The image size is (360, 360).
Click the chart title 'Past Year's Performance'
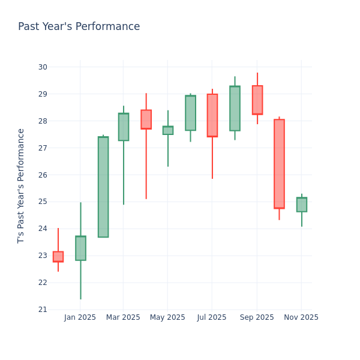(79, 27)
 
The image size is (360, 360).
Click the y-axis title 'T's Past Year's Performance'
(22, 185)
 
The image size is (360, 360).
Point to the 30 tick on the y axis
(42, 67)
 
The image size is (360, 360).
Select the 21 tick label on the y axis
(42, 310)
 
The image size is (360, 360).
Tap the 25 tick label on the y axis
(42, 202)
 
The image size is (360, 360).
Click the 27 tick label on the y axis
(42, 148)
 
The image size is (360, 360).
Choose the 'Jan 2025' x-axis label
(80, 317)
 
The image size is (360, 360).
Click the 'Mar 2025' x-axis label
(123, 317)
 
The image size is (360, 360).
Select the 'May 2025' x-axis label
(167, 317)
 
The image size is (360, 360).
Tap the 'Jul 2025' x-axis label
(212, 317)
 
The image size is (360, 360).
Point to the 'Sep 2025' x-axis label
(257, 317)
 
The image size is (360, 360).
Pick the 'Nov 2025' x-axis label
(301, 317)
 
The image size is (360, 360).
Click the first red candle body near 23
(58, 257)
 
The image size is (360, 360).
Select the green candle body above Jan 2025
(80, 248)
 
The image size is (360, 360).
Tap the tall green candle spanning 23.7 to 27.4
(103, 187)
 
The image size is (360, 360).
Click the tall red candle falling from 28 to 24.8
(279, 164)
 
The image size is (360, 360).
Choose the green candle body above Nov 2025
(301, 205)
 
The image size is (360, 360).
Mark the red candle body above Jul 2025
(212, 115)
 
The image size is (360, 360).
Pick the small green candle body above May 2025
(168, 130)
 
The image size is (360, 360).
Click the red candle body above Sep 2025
(257, 100)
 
